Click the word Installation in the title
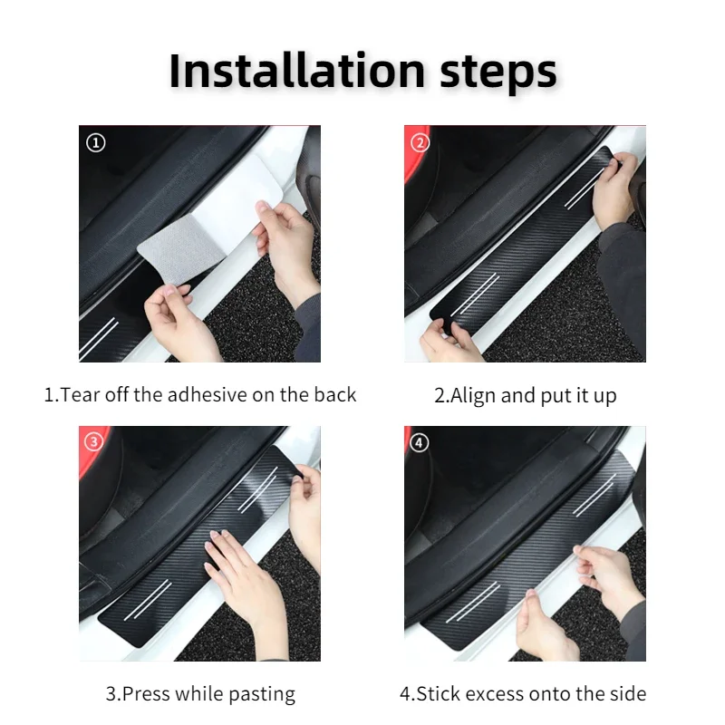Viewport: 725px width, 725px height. pyautogui.click(x=297, y=71)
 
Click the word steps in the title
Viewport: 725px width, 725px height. pyautogui.click(x=498, y=74)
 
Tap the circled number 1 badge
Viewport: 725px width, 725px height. pyautogui.click(x=96, y=142)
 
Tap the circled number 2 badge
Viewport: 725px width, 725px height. pyautogui.click(x=420, y=142)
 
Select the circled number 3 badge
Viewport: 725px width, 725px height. pyautogui.click(x=94, y=441)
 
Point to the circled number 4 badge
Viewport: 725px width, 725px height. pyautogui.click(x=419, y=442)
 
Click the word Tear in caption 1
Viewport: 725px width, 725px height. pyautogui.click(x=81, y=395)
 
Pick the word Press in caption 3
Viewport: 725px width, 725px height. pyautogui.click(x=147, y=694)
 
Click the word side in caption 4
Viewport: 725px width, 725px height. pyautogui.click(x=628, y=693)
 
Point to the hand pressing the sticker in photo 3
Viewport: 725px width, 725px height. pyautogui.click(x=245, y=587)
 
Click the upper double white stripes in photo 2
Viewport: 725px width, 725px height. pyautogui.click(x=584, y=188)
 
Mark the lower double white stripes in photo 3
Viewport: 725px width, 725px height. pyautogui.click(x=148, y=600)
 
